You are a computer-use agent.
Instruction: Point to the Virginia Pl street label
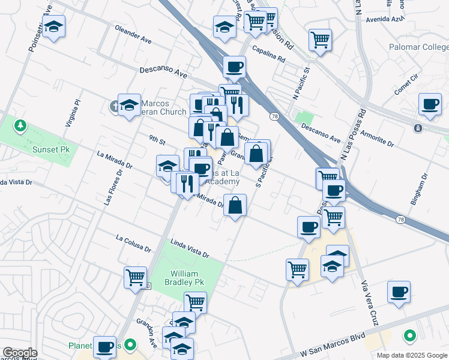tap(72, 113)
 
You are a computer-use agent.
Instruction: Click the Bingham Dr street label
tap(420, 190)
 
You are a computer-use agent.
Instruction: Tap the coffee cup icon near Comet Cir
tap(430, 104)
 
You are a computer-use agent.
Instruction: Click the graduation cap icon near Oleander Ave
tap(54, 26)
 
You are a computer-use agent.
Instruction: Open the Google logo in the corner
tap(19, 353)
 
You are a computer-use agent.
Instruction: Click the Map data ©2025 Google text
tap(411, 355)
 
